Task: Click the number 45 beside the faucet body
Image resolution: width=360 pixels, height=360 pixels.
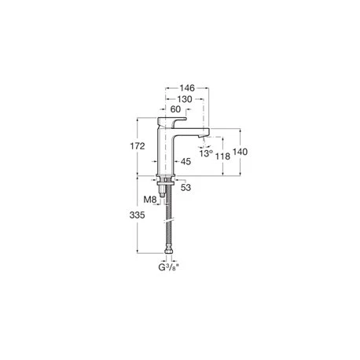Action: click(186, 161)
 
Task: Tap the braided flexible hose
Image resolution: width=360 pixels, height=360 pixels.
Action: click(166, 224)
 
